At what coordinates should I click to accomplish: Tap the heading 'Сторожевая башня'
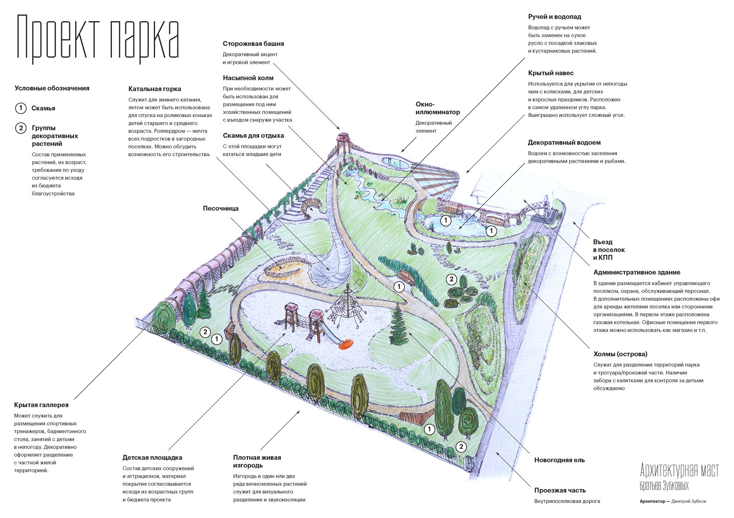click(x=253, y=44)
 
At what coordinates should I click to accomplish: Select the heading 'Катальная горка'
click(x=155, y=89)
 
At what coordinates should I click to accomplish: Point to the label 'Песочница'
click(x=221, y=208)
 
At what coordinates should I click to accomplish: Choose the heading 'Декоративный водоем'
click(x=564, y=143)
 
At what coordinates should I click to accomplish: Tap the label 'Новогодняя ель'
click(x=560, y=460)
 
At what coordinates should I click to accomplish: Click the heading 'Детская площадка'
click(x=152, y=458)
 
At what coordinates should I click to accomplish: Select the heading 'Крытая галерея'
click(x=41, y=405)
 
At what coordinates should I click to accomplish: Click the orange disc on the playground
click(x=346, y=344)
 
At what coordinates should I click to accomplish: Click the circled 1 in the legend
click(x=21, y=108)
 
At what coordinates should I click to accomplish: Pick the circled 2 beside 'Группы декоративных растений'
click(x=21, y=128)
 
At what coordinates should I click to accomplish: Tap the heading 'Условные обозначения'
click(x=52, y=88)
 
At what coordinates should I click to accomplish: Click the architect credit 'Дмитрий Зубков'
click(x=689, y=501)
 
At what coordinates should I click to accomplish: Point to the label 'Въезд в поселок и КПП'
click(x=609, y=250)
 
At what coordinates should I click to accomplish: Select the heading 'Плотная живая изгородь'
click(x=257, y=461)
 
